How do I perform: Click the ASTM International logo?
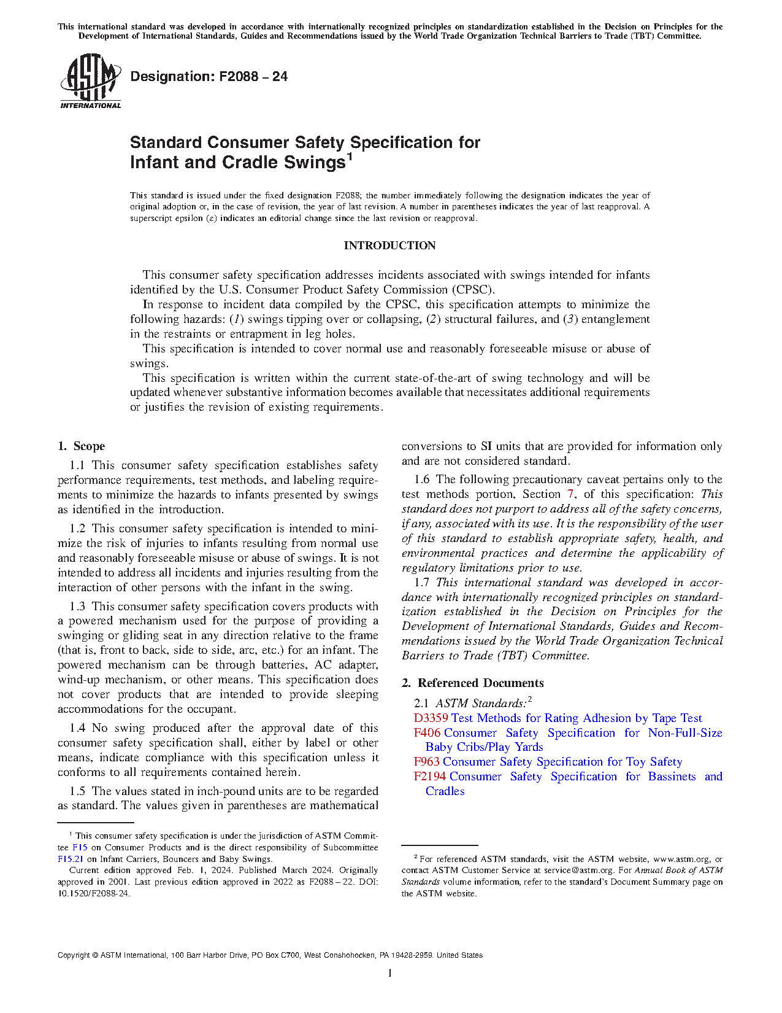coord(90,81)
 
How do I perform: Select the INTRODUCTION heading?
coord(389,246)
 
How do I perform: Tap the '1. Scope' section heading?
coord(82,446)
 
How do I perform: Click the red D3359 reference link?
coord(431,718)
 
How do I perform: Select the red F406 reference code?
coord(427,733)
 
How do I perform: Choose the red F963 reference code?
coord(427,762)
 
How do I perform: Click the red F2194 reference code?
coord(430,777)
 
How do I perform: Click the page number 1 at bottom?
coord(390,973)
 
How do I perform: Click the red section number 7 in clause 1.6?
coord(570,494)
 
